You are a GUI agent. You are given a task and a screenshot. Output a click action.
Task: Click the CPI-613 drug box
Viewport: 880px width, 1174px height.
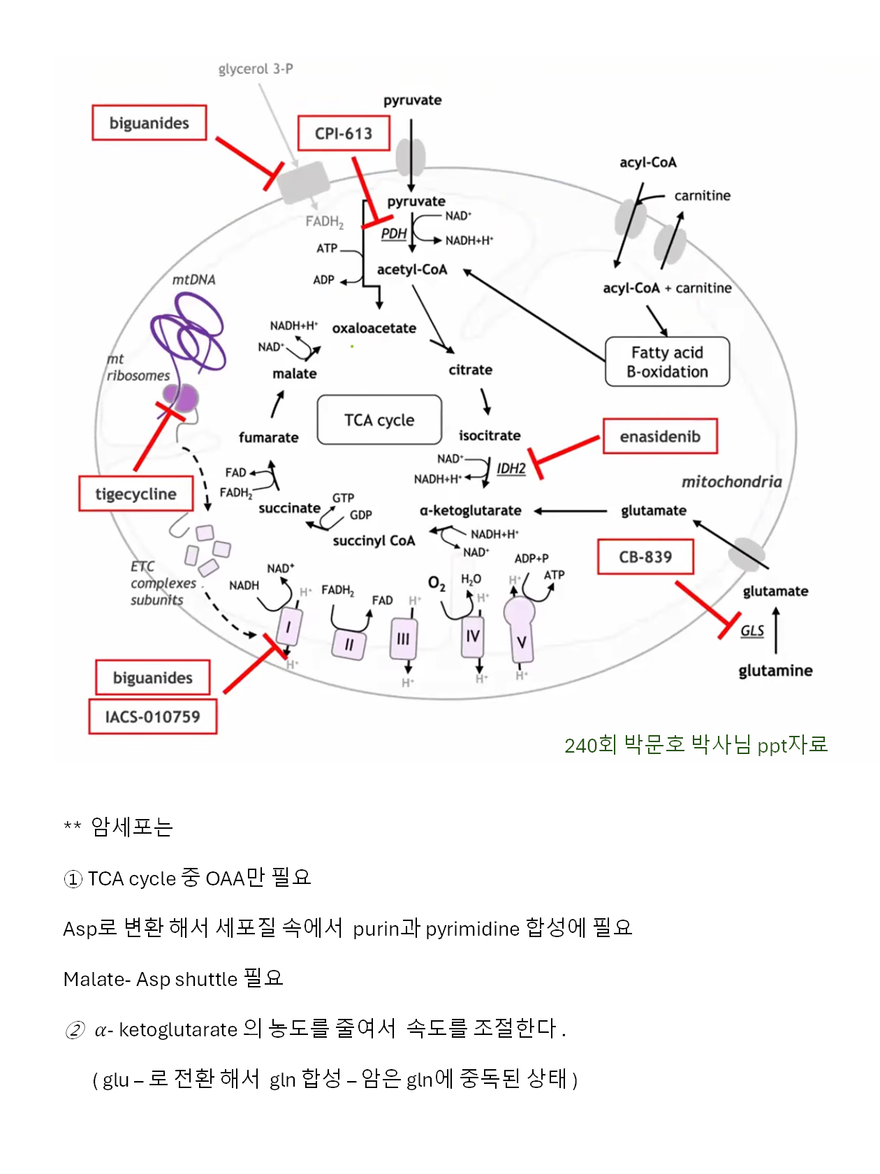tap(343, 133)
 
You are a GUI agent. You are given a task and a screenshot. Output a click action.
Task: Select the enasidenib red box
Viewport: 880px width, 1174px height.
tap(660, 437)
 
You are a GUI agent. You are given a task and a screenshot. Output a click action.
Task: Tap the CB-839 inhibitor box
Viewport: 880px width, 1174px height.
tap(645, 557)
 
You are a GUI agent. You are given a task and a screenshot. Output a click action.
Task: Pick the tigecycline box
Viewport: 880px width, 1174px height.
tap(136, 494)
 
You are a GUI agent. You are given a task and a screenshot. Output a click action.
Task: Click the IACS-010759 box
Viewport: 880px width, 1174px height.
tap(152, 717)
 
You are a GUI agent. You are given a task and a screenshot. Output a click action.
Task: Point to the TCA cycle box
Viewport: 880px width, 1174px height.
tap(379, 420)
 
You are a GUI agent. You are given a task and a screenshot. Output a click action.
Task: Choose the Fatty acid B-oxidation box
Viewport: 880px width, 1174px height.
tap(667, 362)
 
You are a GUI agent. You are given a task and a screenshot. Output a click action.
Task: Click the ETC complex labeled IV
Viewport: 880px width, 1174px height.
tap(473, 636)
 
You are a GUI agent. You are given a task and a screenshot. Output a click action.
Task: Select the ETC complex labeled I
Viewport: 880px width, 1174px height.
tap(288, 627)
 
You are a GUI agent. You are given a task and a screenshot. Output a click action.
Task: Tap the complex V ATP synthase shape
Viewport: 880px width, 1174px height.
tap(520, 632)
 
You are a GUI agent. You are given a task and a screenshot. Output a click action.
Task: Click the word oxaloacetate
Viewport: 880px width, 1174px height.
tap(374, 328)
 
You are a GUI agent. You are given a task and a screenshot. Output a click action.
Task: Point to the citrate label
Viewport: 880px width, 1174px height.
tap(470, 370)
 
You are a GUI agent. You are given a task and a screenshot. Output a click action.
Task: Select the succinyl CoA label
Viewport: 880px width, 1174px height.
tap(374, 541)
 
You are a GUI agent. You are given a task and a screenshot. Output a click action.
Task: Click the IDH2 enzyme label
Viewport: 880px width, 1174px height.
tap(511, 468)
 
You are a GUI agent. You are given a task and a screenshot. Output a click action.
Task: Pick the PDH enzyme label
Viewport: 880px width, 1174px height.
tap(394, 233)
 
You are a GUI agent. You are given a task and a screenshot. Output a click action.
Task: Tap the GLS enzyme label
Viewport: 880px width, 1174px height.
tap(752, 631)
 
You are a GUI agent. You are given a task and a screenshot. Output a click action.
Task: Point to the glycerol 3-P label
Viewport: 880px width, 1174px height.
tap(256, 69)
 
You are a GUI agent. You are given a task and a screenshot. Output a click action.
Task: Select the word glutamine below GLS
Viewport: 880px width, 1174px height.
tap(775, 671)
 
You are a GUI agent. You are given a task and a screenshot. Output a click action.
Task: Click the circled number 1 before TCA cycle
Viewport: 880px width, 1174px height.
tap(73, 879)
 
